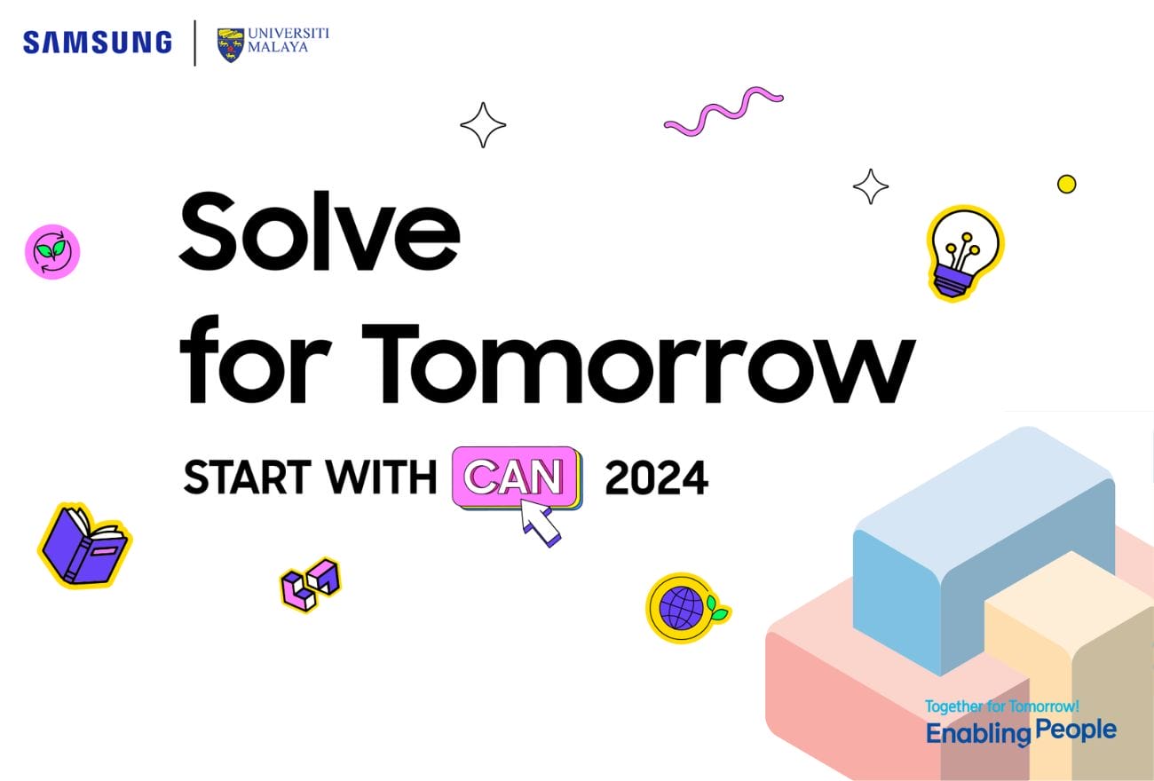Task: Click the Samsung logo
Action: coord(98,43)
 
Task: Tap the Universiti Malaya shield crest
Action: coord(230,45)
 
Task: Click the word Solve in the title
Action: coord(320,231)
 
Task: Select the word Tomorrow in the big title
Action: coord(638,364)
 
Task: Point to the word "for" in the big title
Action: coord(255,359)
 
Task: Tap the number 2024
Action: coord(657,478)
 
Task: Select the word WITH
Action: coord(381,477)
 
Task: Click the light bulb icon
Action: coord(964,252)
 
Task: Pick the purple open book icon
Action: coord(85,546)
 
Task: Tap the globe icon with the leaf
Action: coord(687,608)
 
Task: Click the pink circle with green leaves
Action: coord(52,252)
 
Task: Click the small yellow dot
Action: coord(1066,184)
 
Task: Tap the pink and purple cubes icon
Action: coord(311,585)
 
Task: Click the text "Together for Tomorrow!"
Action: coord(1002,706)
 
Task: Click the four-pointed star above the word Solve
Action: coord(483,125)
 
